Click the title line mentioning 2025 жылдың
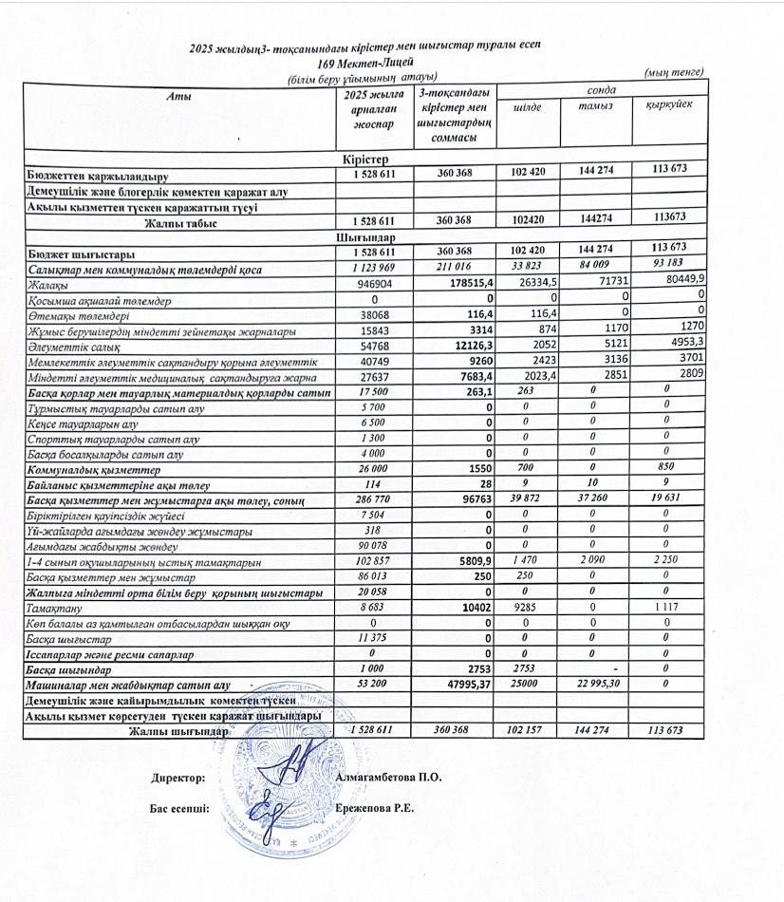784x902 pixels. [365, 47]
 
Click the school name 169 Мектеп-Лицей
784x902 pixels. [364, 62]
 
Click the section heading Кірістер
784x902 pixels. [364, 159]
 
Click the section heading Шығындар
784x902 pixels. [364, 236]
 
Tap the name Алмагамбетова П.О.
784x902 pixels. [389, 778]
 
